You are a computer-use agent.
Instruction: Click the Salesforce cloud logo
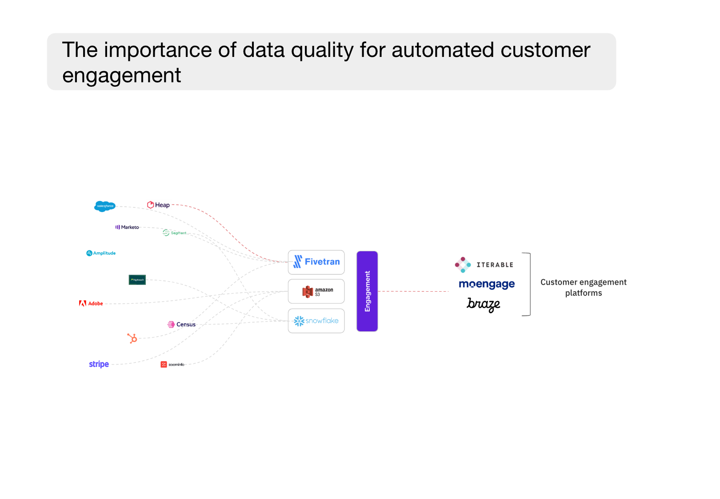(x=105, y=206)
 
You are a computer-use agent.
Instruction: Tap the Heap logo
(x=159, y=205)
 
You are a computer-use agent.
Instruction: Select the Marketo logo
(x=127, y=227)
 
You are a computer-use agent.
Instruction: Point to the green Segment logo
(x=174, y=233)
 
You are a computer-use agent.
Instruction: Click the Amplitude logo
(x=101, y=253)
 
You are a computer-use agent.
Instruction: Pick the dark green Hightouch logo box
(x=137, y=280)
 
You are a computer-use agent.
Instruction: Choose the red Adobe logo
(x=91, y=303)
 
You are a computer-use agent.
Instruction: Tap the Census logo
(x=181, y=324)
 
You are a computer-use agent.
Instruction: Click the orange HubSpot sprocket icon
(x=132, y=338)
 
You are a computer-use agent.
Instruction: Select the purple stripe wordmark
(x=99, y=364)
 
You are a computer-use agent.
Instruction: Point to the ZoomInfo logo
(x=172, y=364)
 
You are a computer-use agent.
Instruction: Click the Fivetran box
(x=316, y=262)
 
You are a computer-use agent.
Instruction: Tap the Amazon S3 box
(x=316, y=291)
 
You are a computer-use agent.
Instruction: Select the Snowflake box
(x=316, y=321)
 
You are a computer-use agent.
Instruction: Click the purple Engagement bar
(x=367, y=291)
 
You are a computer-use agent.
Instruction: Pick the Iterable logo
(x=484, y=265)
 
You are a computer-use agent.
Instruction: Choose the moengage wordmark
(x=487, y=284)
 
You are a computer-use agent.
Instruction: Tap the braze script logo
(x=483, y=304)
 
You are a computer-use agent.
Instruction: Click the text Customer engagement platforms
(x=583, y=287)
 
